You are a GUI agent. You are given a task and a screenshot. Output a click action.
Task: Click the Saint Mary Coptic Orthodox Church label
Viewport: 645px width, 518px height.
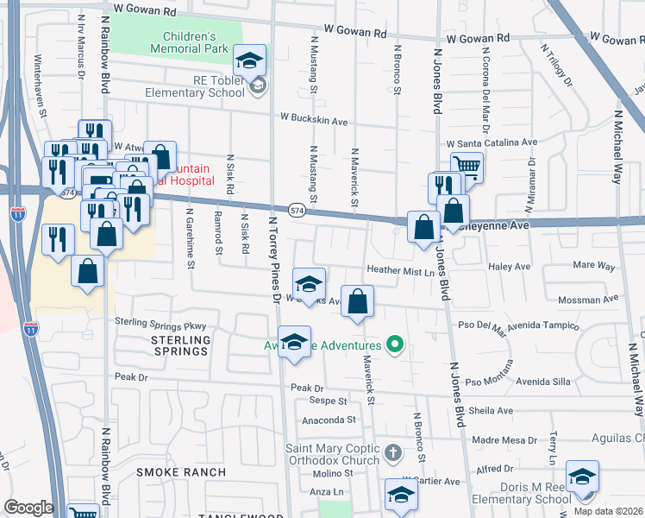(x=332, y=454)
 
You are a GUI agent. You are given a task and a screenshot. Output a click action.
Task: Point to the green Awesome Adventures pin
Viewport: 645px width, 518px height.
(x=396, y=344)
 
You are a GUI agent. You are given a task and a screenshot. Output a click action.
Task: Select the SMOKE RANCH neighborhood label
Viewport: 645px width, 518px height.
(x=181, y=472)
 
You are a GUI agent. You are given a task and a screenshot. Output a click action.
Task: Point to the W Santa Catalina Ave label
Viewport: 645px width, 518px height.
(x=492, y=143)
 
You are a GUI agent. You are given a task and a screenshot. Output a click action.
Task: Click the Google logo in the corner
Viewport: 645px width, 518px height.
(x=28, y=508)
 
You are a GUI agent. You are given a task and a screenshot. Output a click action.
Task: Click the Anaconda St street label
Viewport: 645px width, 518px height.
(x=328, y=420)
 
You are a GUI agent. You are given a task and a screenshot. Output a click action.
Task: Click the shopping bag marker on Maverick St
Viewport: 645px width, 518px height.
(x=358, y=302)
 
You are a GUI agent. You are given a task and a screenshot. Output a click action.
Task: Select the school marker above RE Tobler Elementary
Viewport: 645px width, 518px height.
(x=250, y=60)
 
